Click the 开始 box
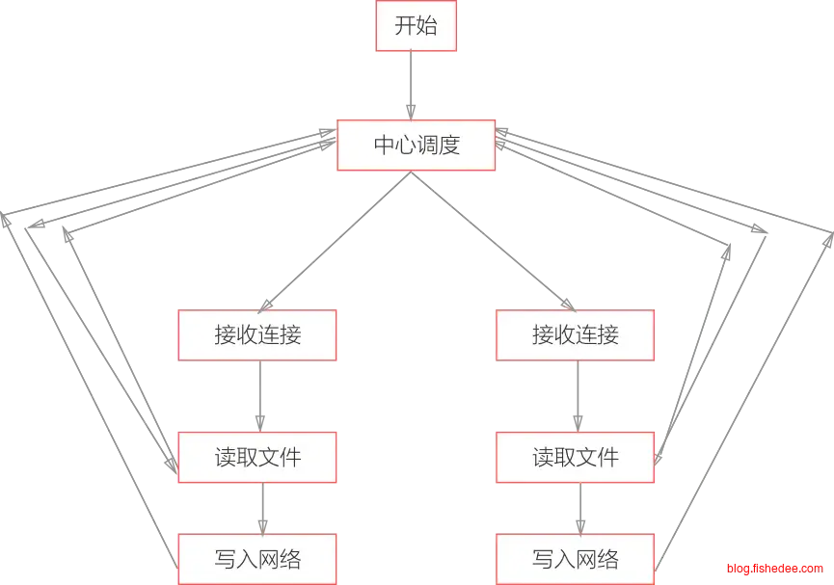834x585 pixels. coord(417,26)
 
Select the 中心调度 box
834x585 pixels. coord(417,146)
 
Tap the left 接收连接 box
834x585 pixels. coord(257,335)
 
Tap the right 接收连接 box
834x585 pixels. coord(576,335)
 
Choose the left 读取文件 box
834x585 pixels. coord(257,457)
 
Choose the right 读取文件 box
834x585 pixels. coord(576,457)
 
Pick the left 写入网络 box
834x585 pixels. coord(257,559)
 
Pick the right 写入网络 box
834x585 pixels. coord(576,559)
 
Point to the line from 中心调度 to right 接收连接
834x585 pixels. coord(501,242)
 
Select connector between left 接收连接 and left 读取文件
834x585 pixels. coord(258,396)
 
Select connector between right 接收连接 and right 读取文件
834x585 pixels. coord(578,396)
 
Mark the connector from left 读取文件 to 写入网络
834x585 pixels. coord(260,508)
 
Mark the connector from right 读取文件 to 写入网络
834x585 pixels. coord(580,508)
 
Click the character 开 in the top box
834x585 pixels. coord(406,26)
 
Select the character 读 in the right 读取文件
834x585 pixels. coord(543,457)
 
